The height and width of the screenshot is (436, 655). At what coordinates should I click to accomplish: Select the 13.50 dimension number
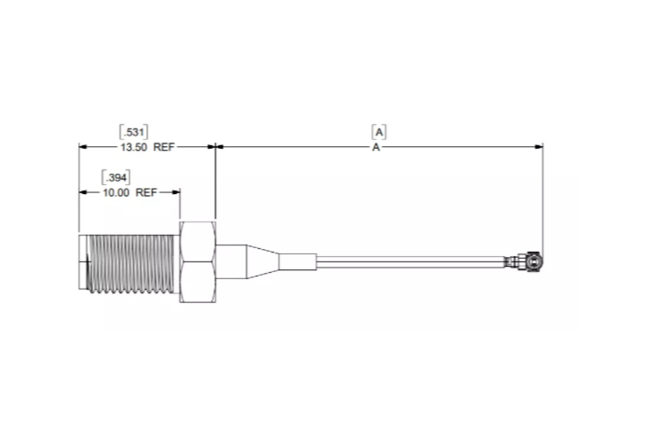[133, 148]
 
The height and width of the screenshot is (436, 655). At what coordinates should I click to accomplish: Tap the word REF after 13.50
[164, 148]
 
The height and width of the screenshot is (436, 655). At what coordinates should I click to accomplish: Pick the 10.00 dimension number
[115, 191]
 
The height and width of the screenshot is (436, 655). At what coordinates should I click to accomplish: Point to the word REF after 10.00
[146, 191]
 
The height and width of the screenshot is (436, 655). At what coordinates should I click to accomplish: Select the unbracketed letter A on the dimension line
[377, 148]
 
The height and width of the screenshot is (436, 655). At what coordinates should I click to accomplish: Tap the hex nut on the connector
[199, 261]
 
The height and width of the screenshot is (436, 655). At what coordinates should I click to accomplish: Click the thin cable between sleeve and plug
[408, 261]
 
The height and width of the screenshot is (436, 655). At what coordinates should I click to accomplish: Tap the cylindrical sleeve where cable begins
[296, 262]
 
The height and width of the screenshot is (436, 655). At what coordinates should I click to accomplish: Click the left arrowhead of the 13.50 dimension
[83, 148]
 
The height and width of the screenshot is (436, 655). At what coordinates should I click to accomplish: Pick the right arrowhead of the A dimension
[539, 148]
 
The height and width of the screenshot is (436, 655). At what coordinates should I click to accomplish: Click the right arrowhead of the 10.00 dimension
[177, 191]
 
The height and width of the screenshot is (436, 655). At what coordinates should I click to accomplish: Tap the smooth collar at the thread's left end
[84, 262]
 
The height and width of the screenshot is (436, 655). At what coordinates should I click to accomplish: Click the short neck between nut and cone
[230, 261]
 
